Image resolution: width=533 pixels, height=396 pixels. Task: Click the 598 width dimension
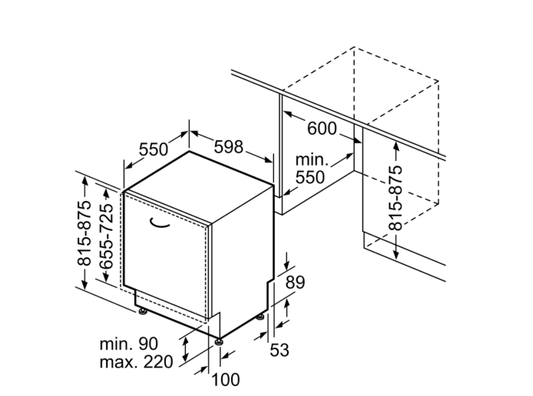228,147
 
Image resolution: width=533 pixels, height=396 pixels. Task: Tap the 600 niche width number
322,128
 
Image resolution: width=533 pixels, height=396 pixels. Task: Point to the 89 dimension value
295,282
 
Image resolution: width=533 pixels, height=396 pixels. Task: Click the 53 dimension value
280,350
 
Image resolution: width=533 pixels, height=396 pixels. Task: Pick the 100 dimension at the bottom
225,379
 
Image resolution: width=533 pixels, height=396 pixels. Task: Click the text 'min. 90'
129,344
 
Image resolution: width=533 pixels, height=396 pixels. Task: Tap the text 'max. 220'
136,362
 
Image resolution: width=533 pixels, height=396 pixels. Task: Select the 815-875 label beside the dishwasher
84,233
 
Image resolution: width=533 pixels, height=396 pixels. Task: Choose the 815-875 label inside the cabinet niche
395,198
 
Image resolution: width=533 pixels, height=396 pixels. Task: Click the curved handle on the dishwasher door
159,222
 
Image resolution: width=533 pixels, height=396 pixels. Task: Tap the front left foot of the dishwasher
142,311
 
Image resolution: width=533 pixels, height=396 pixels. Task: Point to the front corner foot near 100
218,341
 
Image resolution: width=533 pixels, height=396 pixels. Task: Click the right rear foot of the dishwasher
261,317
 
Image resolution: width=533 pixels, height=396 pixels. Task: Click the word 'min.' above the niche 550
312,160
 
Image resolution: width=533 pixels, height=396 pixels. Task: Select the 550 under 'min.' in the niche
310,177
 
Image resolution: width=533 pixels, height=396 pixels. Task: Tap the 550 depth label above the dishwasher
154,150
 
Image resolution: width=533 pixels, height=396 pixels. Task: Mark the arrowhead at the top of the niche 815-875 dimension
396,145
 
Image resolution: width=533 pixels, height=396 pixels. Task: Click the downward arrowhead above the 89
287,265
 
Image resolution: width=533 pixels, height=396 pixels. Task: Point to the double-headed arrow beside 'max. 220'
185,349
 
